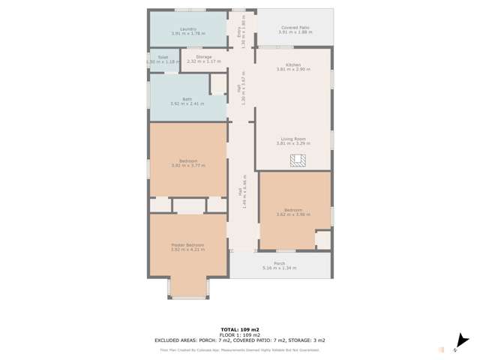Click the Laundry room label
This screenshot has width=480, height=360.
(x=187, y=29)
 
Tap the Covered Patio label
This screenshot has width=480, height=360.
(x=295, y=28)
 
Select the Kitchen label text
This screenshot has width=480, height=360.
(x=293, y=64)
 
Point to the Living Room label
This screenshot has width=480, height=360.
(x=293, y=139)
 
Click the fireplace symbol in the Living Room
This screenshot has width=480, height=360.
(x=298, y=160)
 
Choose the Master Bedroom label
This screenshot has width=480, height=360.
(x=187, y=245)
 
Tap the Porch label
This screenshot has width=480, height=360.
(x=279, y=263)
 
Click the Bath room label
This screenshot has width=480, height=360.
(x=187, y=99)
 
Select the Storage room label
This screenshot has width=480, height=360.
(x=203, y=57)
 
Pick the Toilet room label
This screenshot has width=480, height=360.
(x=162, y=57)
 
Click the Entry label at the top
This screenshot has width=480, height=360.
(x=239, y=31)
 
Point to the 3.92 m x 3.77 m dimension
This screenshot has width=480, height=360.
(x=187, y=165)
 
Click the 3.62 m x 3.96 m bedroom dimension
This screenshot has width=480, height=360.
(x=292, y=214)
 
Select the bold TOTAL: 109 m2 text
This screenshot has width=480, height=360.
(x=240, y=329)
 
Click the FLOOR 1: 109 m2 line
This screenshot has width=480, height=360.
(x=240, y=334)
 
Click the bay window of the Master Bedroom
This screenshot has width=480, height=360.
(x=188, y=289)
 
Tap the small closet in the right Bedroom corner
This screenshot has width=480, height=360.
(x=323, y=240)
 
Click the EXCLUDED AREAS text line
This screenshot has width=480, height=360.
(x=240, y=340)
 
